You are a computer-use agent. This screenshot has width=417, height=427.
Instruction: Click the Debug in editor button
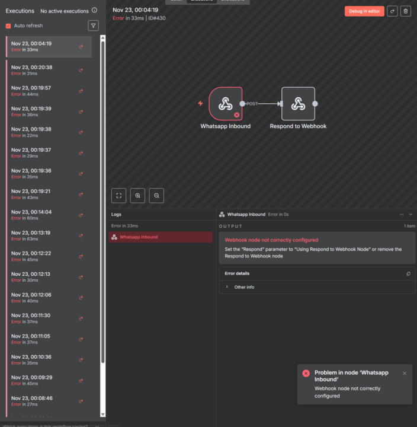coord(364,11)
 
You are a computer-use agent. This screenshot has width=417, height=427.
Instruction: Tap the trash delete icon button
coord(406,11)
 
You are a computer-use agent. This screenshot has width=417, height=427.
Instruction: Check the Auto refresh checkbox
coord(8,26)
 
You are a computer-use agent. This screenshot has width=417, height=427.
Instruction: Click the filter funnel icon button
coord(93,26)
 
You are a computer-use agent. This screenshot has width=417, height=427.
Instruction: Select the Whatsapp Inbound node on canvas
coord(225,104)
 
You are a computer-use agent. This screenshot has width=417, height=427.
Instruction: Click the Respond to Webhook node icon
coord(298,104)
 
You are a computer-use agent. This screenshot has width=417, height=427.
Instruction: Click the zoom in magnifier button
coord(137,195)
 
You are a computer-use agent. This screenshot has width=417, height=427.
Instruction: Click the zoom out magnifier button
coord(156,195)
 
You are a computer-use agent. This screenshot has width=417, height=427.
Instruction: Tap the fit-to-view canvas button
coord(118,195)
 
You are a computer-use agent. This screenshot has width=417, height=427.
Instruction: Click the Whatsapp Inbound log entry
coord(139,237)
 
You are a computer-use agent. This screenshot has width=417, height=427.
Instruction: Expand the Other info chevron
coord(227,287)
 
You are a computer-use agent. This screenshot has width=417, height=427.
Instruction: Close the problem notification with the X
coord(405,373)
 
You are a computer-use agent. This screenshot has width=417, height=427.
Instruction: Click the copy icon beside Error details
coord(408,273)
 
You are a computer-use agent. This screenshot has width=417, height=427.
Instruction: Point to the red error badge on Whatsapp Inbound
coord(237,114)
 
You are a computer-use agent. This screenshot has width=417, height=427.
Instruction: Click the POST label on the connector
coord(252,104)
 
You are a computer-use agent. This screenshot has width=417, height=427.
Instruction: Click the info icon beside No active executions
coord(94,10)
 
